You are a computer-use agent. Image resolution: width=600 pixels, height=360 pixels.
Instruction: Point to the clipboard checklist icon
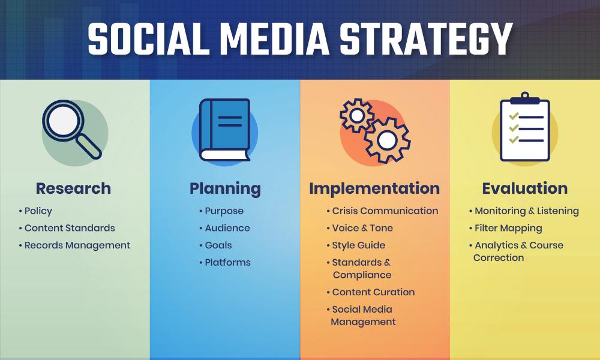coord(524,127)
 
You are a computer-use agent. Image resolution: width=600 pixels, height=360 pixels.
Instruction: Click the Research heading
coord(73,188)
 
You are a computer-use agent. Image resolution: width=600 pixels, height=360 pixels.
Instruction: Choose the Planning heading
coord(225,188)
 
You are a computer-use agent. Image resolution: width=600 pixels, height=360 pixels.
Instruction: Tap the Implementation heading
coord(374,188)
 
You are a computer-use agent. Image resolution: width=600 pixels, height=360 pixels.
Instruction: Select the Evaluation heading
coord(524,188)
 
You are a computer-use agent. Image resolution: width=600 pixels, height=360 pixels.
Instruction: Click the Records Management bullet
coord(77,245)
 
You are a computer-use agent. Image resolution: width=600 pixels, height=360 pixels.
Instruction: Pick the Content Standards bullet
coord(70,228)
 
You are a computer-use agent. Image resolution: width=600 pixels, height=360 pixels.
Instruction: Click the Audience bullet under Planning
coord(227,228)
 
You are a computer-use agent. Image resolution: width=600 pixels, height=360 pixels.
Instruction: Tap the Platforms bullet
coord(227,263)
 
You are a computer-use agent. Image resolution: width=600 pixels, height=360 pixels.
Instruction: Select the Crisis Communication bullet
coord(385,211)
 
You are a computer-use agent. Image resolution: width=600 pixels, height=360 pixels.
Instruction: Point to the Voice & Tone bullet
coord(362,228)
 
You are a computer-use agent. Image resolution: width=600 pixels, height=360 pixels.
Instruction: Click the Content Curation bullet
coord(373,292)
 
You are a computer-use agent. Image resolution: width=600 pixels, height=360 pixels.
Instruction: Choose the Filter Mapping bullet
coord(508,228)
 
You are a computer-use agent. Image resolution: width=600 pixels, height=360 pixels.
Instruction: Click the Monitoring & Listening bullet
coord(526,211)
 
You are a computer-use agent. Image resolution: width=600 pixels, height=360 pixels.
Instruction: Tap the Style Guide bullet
coord(358,245)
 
